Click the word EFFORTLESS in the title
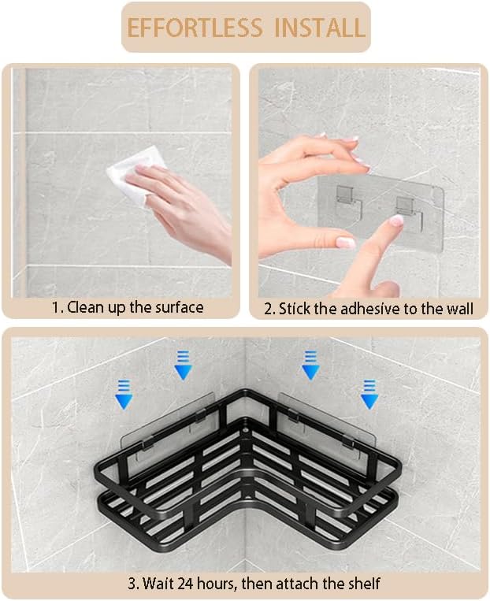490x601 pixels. point(195,28)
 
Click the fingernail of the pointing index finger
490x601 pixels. point(397,220)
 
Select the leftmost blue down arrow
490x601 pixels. point(124,394)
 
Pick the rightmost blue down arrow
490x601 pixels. point(369,394)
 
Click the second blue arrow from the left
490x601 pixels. point(183,365)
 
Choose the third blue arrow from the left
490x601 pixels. point(310,365)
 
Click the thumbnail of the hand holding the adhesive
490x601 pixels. point(345,243)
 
